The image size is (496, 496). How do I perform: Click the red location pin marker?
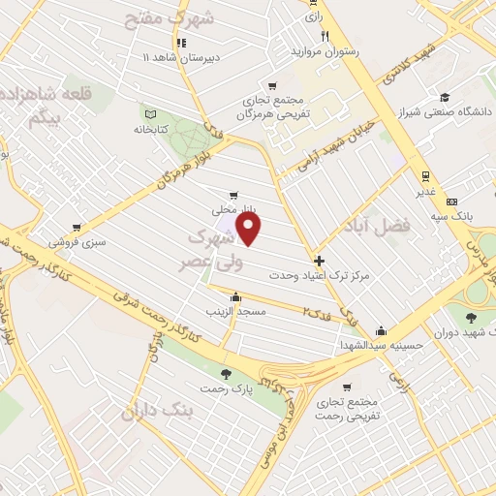250,229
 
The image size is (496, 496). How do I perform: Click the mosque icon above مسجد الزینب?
235,296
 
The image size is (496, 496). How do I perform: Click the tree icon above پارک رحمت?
226,374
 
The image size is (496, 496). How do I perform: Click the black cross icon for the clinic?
320,261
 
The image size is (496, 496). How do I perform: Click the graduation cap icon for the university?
443,97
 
